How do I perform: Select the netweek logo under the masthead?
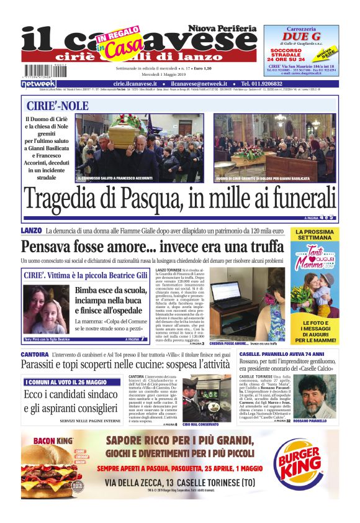(38, 84)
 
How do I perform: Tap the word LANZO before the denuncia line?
(31, 231)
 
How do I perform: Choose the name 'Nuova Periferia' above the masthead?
(222, 29)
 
